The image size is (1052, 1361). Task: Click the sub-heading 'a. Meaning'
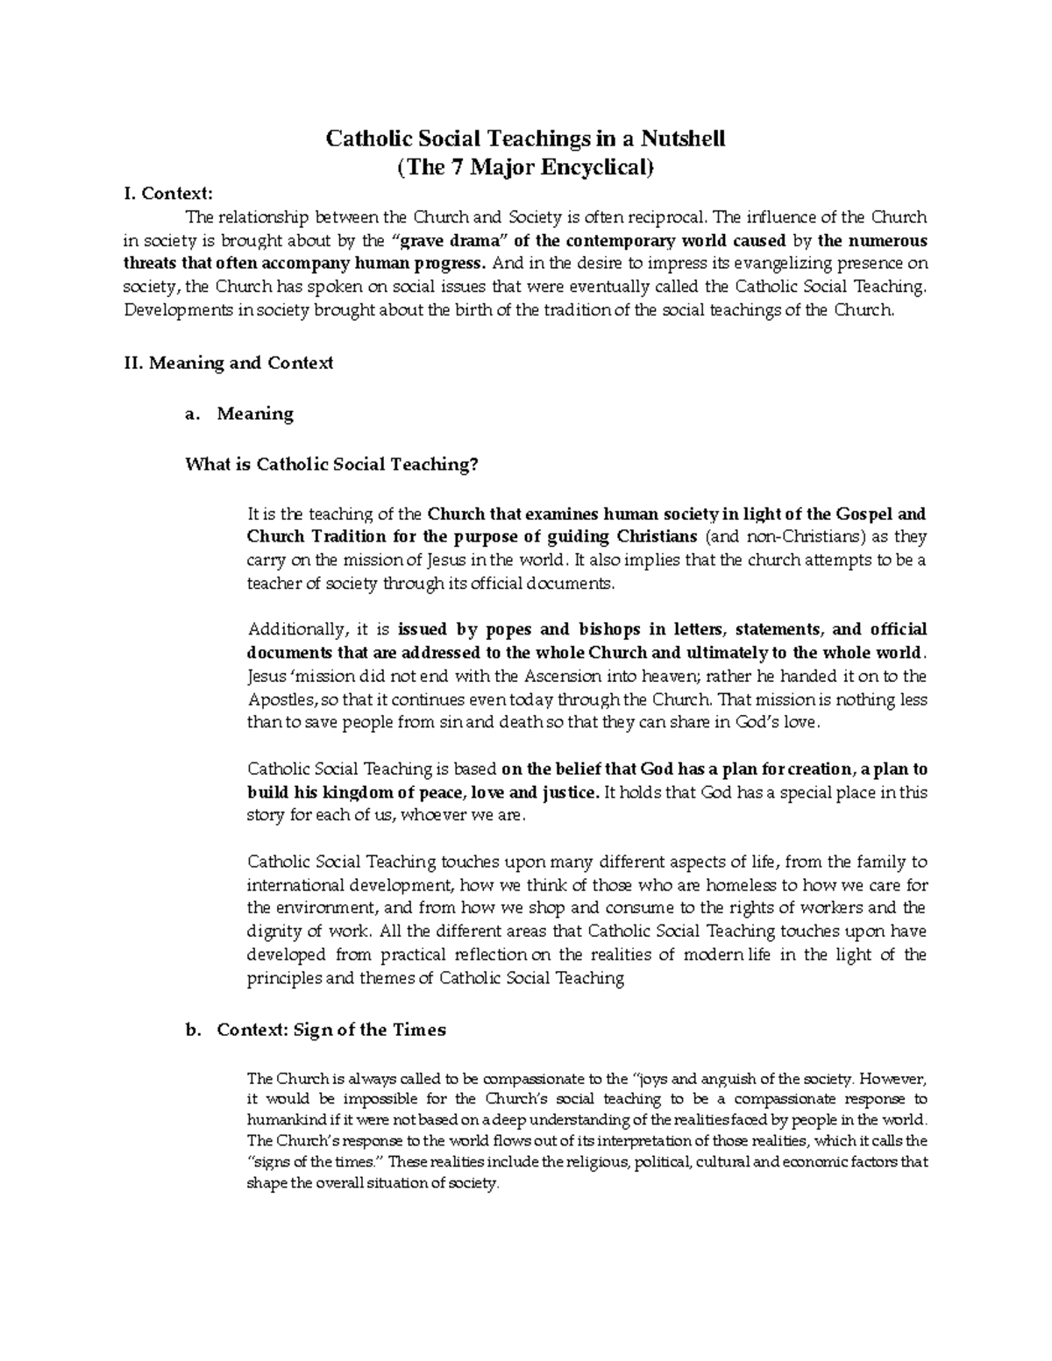(239, 414)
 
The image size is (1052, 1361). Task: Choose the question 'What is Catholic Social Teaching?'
(333, 464)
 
